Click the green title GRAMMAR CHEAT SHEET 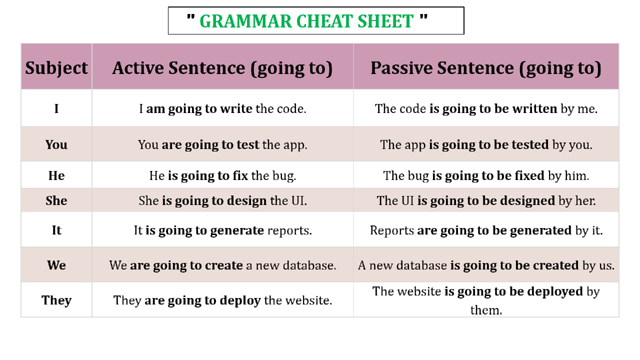click(x=306, y=21)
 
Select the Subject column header click(x=56, y=68)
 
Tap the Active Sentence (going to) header click(x=222, y=68)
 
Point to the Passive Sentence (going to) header click(x=486, y=68)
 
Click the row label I click(x=56, y=108)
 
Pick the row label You click(x=56, y=144)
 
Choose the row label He click(x=56, y=175)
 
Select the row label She click(x=56, y=200)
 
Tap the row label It click(x=56, y=230)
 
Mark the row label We click(x=56, y=265)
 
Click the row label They click(x=56, y=300)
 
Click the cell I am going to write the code click(x=222, y=109)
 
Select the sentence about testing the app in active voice click(x=222, y=145)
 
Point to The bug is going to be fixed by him click(x=486, y=176)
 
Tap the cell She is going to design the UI click(x=222, y=201)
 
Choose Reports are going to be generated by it click(x=486, y=231)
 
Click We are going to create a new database click(x=222, y=265)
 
